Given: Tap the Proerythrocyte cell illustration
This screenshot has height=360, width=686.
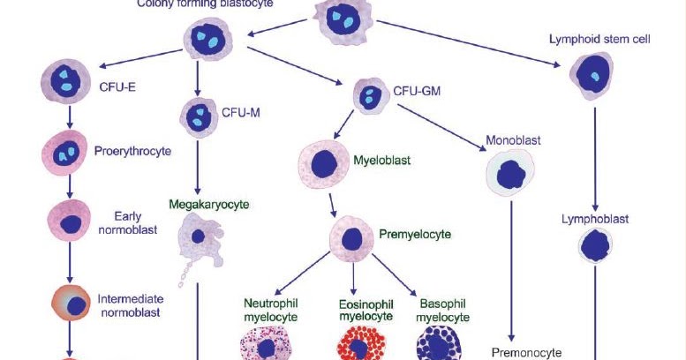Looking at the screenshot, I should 64,152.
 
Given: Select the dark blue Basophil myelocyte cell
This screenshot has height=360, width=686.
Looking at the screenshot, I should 438,344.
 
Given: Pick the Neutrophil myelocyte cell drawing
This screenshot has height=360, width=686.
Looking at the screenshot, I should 267,345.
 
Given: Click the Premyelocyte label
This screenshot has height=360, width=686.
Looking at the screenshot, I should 415,235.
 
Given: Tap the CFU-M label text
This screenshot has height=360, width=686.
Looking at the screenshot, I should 240,113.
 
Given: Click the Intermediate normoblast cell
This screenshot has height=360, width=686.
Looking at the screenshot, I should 73,304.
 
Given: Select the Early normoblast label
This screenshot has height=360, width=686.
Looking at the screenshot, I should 134,221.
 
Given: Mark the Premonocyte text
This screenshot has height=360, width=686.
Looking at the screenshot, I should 527,352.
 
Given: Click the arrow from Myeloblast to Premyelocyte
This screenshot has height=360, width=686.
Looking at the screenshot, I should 332,205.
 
